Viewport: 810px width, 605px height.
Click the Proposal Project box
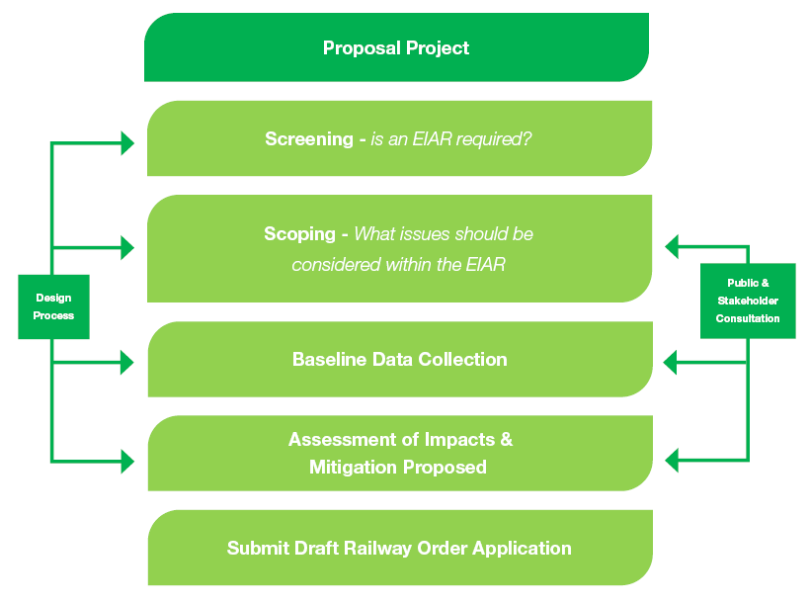(396, 47)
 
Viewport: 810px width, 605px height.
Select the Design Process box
(53, 306)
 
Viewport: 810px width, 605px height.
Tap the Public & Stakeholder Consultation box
(748, 301)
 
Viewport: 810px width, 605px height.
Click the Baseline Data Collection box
(399, 359)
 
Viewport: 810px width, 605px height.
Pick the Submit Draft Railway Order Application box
(399, 548)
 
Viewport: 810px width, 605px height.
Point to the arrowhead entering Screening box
(127, 143)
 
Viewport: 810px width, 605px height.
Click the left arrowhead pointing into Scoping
(127, 247)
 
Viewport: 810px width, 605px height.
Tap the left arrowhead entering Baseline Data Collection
(127, 363)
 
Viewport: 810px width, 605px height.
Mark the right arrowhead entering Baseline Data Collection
(671, 363)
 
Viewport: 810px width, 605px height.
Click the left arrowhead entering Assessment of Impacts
(127, 461)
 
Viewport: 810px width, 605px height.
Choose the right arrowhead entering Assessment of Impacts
(673, 460)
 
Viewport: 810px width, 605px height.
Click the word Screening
(308, 139)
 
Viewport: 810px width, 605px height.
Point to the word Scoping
(299, 234)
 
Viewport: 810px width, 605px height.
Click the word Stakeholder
(748, 301)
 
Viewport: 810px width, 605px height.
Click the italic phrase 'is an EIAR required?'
(451, 139)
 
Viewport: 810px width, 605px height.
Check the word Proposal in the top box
(361, 47)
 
